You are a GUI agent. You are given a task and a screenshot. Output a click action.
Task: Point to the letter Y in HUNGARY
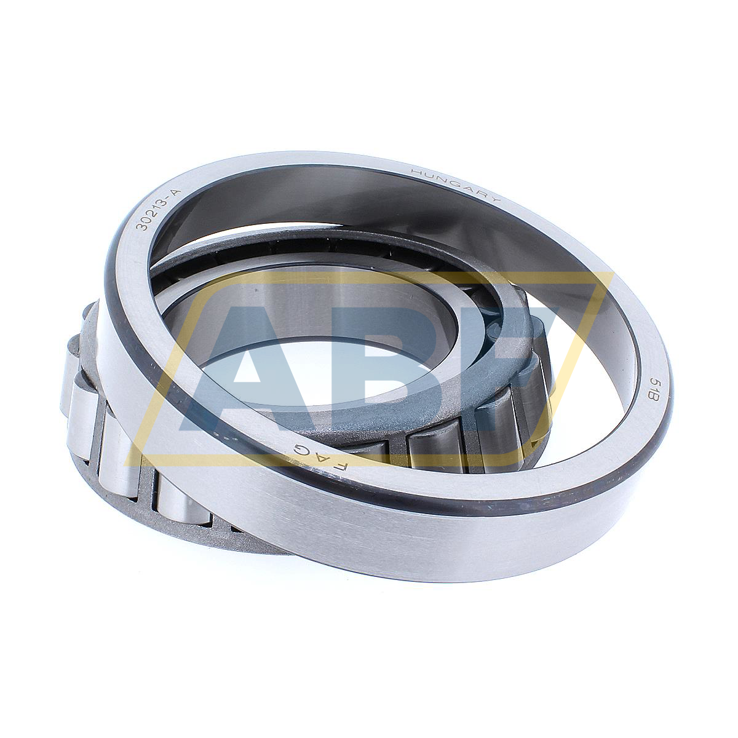click(496, 199)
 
